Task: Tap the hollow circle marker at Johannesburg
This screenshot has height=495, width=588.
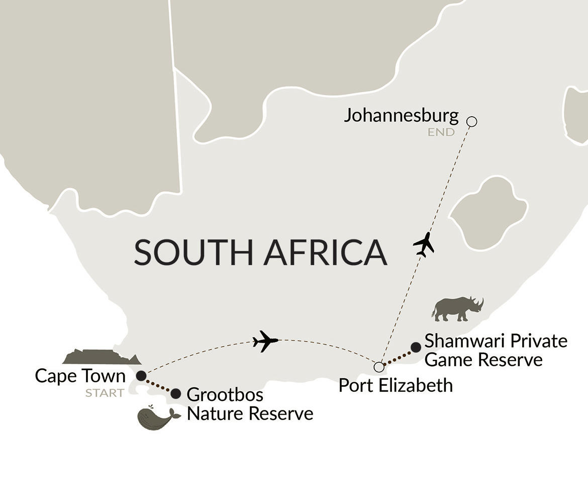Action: tap(471, 121)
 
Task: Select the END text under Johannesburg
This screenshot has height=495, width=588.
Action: tap(441, 133)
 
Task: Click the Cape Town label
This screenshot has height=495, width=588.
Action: tap(80, 376)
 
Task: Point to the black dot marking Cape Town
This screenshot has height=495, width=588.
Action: tap(142, 375)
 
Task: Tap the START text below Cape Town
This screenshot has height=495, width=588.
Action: tap(105, 393)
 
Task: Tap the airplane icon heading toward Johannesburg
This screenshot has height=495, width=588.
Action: tap(424, 244)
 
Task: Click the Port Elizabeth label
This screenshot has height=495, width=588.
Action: tap(396, 385)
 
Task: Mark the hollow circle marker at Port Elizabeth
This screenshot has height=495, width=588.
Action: tap(378, 365)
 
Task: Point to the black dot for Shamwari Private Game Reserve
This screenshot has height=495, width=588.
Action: tap(416, 347)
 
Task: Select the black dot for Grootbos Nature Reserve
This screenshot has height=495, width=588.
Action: tap(176, 393)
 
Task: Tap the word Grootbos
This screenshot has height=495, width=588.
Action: tap(225, 395)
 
